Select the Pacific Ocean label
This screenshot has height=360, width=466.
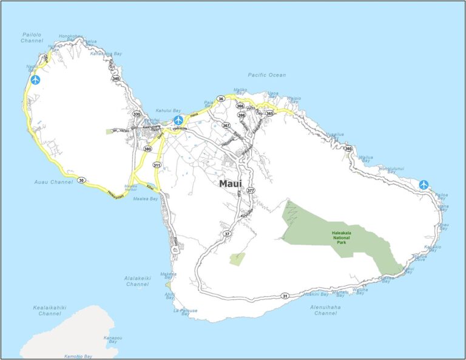click(266, 75)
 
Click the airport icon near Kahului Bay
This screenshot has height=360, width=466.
click(178, 120)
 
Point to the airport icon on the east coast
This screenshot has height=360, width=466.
click(424, 185)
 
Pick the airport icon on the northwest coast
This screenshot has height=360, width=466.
click(35, 80)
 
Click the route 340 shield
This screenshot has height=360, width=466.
click(116, 78)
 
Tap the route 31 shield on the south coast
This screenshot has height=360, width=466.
click(285, 296)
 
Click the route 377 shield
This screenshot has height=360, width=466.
click(251, 191)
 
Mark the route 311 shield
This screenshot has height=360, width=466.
click(157, 165)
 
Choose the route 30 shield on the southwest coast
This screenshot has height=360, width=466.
click(81, 180)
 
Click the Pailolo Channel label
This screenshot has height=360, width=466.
click(32, 38)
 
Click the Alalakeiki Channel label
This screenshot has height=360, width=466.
click(137, 281)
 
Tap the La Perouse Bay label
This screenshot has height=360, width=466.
click(186, 313)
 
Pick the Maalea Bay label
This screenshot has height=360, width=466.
click(146, 199)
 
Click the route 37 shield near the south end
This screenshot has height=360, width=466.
click(227, 234)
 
